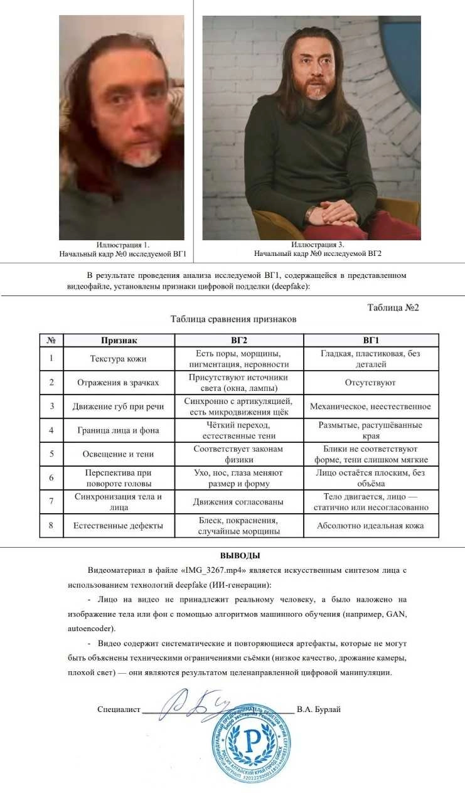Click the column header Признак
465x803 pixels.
pyautogui.click(x=119, y=340)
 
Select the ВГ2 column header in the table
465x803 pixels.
pyautogui.click(x=238, y=340)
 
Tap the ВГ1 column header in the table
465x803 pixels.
pyautogui.click(x=370, y=340)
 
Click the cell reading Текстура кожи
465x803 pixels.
pyautogui.click(x=119, y=358)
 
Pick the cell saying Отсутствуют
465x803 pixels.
pyautogui.click(x=370, y=382)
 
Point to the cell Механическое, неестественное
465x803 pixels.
pyautogui.click(x=370, y=406)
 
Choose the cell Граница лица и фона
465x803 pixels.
pyautogui.click(x=119, y=430)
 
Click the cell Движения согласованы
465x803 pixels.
pyautogui.click(x=238, y=501)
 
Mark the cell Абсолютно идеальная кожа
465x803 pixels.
pyautogui.click(x=370, y=526)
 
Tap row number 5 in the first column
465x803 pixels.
pyautogui.click(x=51, y=454)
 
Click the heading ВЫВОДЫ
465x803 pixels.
pyautogui.click(x=240, y=556)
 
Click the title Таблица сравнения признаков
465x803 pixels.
pyautogui.click(x=233, y=319)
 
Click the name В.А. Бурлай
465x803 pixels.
pyautogui.click(x=319, y=710)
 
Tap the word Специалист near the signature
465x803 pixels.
pyautogui.click(x=119, y=710)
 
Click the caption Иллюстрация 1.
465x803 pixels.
pyautogui.click(x=123, y=244)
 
